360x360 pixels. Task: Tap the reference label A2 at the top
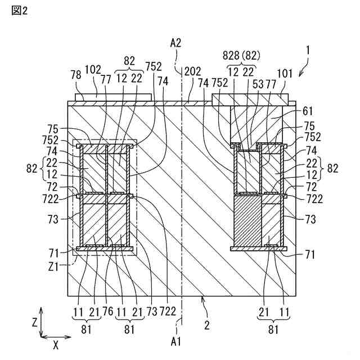(x=176, y=42)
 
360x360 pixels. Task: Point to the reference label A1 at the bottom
(x=176, y=340)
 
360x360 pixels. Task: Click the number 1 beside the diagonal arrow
(x=307, y=50)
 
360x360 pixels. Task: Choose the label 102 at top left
(x=93, y=71)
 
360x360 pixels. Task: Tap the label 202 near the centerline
(x=193, y=71)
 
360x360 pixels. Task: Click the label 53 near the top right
(x=258, y=84)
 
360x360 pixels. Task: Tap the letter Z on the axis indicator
(x=34, y=322)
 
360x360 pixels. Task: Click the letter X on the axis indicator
(x=55, y=344)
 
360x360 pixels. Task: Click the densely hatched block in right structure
(x=247, y=220)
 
